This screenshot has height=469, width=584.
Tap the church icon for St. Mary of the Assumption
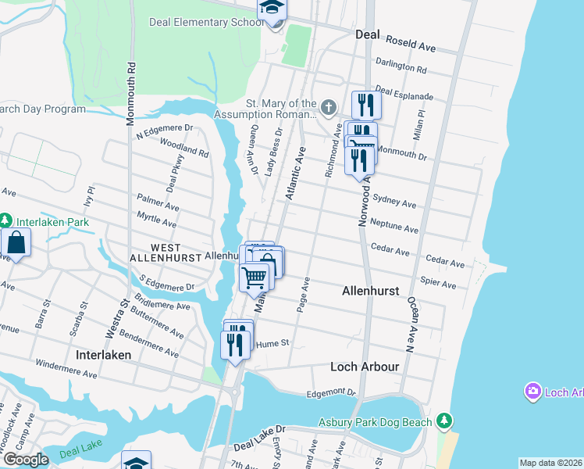(329, 106)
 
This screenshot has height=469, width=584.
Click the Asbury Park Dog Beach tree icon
(444, 422)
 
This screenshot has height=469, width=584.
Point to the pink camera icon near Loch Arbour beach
(533, 391)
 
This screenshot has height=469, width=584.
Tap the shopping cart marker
(255, 277)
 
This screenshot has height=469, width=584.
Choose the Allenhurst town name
(371, 291)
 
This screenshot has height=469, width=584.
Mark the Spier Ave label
(438, 283)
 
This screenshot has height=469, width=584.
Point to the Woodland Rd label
(184, 149)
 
